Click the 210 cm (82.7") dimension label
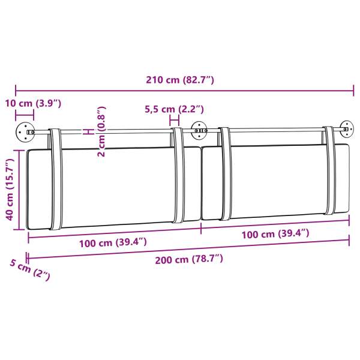180,80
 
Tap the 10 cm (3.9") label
33,104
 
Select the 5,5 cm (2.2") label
174,109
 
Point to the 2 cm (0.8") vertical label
101,131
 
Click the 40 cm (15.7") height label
10,190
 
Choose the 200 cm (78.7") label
189,260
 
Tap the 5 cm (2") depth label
30,270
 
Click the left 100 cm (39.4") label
113,243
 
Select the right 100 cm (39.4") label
275,234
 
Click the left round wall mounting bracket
25,132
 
